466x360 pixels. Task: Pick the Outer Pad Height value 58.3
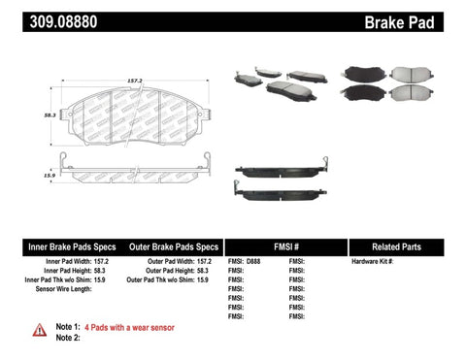pos(202,271)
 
